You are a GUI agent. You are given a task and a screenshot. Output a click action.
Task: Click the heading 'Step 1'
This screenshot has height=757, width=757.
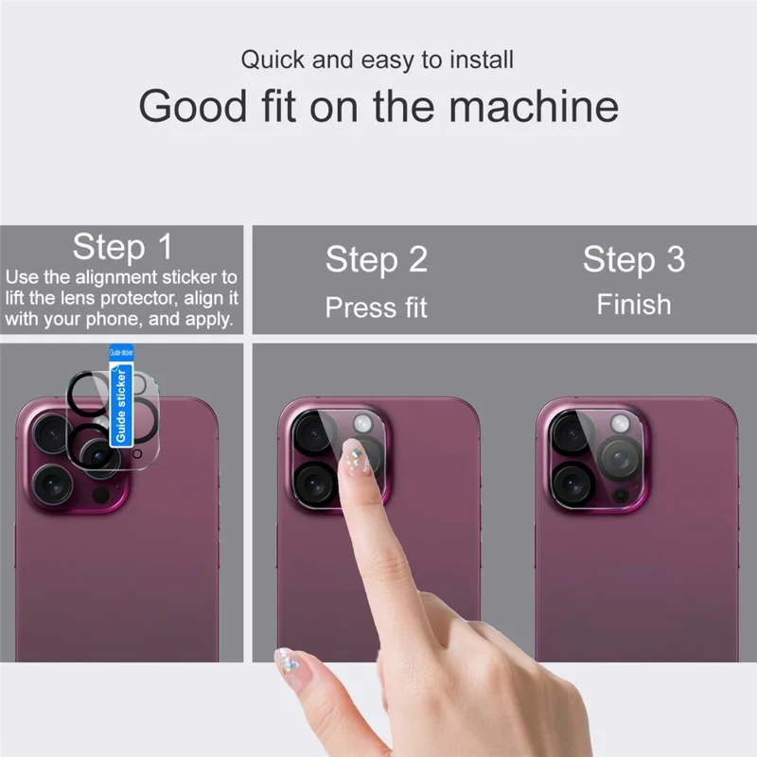tap(123, 247)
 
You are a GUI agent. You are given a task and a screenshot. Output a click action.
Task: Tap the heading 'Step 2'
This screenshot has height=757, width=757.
tap(377, 259)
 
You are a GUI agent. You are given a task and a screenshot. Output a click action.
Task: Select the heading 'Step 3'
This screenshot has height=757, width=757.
tap(633, 259)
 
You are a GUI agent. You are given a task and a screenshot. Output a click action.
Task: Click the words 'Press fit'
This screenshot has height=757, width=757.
tap(377, 308)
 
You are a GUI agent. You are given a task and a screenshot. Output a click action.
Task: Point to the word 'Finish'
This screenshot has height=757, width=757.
tap(633, 305)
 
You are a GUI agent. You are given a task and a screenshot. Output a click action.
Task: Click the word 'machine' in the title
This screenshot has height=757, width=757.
tap(534, 107)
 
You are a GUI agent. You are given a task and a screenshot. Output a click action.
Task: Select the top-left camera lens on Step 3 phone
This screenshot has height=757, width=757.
tap(572, 434)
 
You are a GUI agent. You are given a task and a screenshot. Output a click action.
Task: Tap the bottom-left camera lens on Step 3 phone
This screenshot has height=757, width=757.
tap(572, 481)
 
